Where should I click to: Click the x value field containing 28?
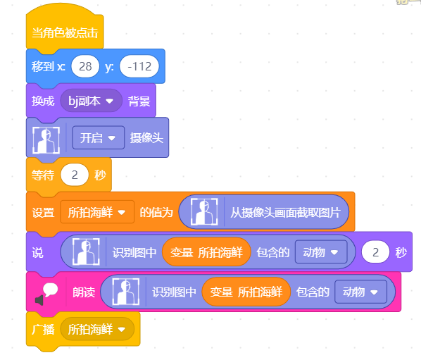(x=85, y=66)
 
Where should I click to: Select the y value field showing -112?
(x=139, y=66)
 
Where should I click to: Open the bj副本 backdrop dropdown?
(x=91, y=101)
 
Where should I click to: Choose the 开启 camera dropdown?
(x=99, y=138)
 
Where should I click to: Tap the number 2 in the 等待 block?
(x=75, y=175)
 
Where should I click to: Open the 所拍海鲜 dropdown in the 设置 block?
(x=97, y=212)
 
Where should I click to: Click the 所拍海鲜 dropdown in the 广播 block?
(x=97, y=329)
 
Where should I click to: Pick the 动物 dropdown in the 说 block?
(x=321, y=252)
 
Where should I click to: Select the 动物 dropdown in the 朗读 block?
(x=361, y=292)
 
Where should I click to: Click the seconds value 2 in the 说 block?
(x=376, y=252)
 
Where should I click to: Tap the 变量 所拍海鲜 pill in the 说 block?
(x=206, y=252)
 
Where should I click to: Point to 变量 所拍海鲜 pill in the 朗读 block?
(x=246, y=292)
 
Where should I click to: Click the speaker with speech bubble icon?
(x=46, y=294)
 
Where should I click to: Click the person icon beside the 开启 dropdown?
(x=46, y=140)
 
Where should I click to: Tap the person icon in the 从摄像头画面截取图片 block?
(x=204, y=211)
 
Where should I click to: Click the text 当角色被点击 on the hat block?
(x=65, y=33)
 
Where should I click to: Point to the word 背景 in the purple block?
(x=139, y=101)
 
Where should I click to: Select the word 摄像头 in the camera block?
(x=146, y=138)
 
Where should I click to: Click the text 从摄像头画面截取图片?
(x=285, y=213)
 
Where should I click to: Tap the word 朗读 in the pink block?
(x=84, y=292)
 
